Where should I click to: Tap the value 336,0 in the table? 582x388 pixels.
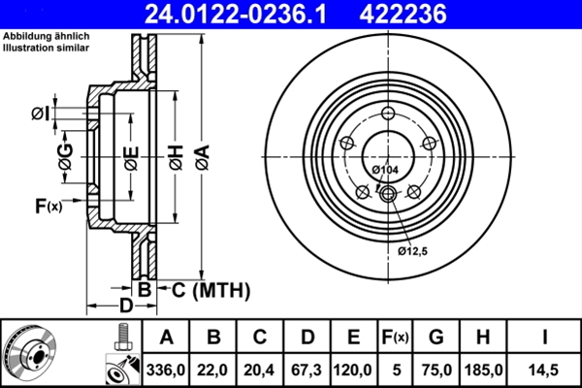pos(166,369)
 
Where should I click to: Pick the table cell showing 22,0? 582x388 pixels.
pos(214,369)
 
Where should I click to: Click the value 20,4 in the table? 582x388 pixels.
pos(261,369)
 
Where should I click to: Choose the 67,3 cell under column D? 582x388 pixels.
pos(307,369)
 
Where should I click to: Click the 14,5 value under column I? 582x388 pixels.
pos(543,369)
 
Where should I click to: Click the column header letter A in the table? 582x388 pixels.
pos(166,338)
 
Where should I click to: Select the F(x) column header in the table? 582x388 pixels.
pos(395,338)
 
